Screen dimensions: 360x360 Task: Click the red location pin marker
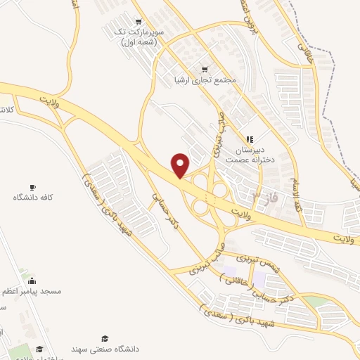181,165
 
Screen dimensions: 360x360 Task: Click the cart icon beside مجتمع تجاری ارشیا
205,69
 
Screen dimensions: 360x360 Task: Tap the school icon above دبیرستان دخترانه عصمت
248,139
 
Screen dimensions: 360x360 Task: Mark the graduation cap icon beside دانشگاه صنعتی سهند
105,338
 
